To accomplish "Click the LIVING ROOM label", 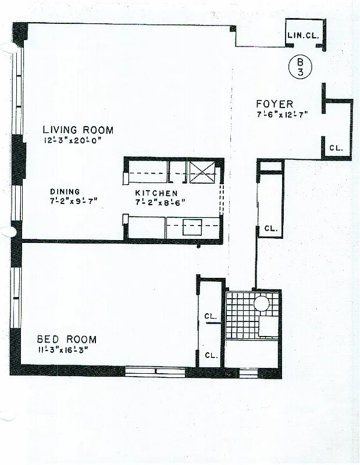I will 77,130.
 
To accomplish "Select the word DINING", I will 65,192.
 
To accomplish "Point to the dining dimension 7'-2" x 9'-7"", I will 73,202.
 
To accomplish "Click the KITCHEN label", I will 156,193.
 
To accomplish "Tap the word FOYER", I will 275,104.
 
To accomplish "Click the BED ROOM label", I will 67,339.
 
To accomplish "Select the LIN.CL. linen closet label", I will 302,35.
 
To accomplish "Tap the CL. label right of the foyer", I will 336,148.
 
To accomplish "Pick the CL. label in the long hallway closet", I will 270,228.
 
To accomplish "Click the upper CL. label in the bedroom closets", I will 210,317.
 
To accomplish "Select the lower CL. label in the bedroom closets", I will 210,355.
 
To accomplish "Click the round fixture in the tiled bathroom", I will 262,303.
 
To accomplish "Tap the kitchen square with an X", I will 203,172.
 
